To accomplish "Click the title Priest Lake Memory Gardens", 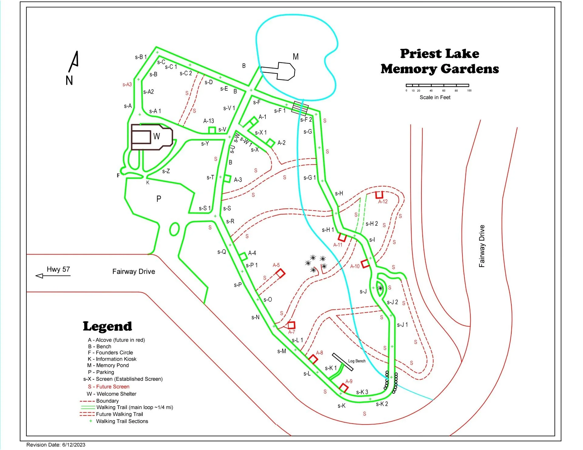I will tap(440, 61).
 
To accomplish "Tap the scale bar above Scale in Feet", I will tap(437, 85).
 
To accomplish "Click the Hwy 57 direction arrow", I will tap(53, 276).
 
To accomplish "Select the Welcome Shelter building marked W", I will tap(152, 137).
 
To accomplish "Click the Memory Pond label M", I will tap(295, 57).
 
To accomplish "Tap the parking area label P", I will tap(159, 199).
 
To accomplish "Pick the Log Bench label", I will tap(357, 361).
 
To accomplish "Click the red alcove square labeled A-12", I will tap(379, 195).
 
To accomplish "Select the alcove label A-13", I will tap(209, 121).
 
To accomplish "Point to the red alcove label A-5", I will tap(276, 265).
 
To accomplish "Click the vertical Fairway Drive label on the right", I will tap(482, 246).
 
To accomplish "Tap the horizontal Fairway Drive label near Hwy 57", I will tap(134, 272).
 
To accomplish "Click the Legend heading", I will tap(107, 327).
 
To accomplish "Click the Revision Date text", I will tap(56, 445).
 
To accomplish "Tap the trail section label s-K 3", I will tap(362, 392).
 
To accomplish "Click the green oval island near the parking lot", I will tap(174, 229).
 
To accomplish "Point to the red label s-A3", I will tap(127, 85).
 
